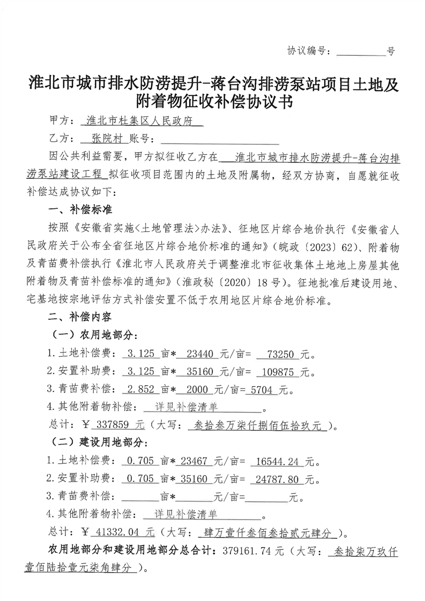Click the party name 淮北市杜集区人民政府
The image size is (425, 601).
tap(141, 121)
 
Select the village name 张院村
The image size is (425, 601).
tap(103, 139)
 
